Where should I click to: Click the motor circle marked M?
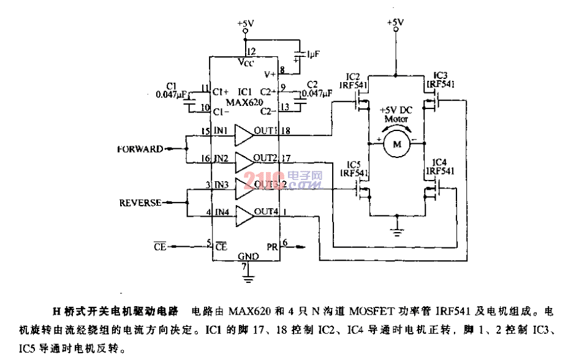tap(396, 144)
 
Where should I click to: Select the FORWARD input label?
tap(140, 149)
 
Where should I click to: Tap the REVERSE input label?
tap(140, 202)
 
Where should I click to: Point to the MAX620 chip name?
tap(245, 100)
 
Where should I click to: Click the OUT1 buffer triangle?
tap(244, 133)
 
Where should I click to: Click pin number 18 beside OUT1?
tap(287, 130)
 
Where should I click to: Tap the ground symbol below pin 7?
tap(248, 279)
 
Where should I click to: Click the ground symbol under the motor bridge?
tap(396, 231)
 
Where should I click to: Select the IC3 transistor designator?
tap(441, 75)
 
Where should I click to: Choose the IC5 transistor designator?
tap(353, 165)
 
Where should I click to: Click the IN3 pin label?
tap(221, 184)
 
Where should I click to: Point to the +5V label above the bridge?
tap(396, 23)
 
